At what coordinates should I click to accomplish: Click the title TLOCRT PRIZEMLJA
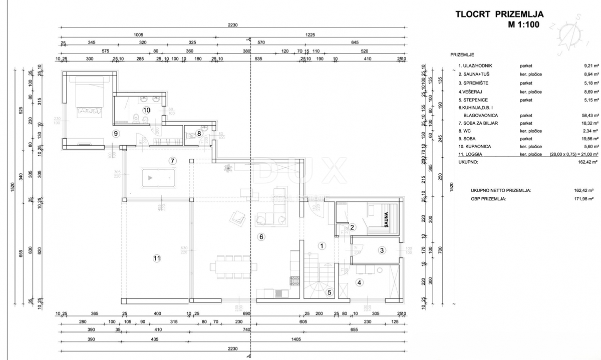tap(499, 15)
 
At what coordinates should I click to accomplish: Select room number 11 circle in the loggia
tap(157, 258)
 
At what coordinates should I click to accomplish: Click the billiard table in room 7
tap(158, 177)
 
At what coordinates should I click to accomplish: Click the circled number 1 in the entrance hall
tap(322, 245)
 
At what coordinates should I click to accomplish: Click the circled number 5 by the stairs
tap(329, 293)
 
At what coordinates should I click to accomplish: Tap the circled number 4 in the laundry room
tap(359, 282)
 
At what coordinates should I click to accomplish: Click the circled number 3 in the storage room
tap(381, 250)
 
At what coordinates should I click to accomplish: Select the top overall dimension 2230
tap(231, 25)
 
